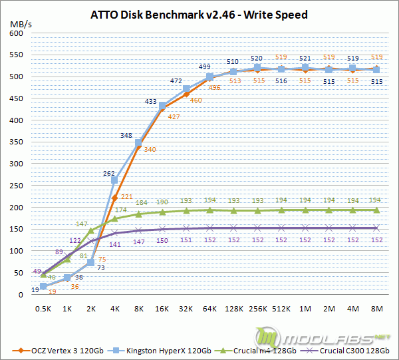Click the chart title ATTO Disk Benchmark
pos(199,14)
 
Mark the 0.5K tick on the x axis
pos(43,309)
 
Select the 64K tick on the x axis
pos(210,309)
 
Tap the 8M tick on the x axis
pos(377,309)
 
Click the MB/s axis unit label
pos(19,25)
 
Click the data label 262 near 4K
pos(109,173)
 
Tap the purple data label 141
pos(114,244)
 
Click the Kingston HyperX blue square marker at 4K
pos(114,180)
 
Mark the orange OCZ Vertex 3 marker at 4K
pos(114,198)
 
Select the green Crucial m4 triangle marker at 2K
pos(91,231)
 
